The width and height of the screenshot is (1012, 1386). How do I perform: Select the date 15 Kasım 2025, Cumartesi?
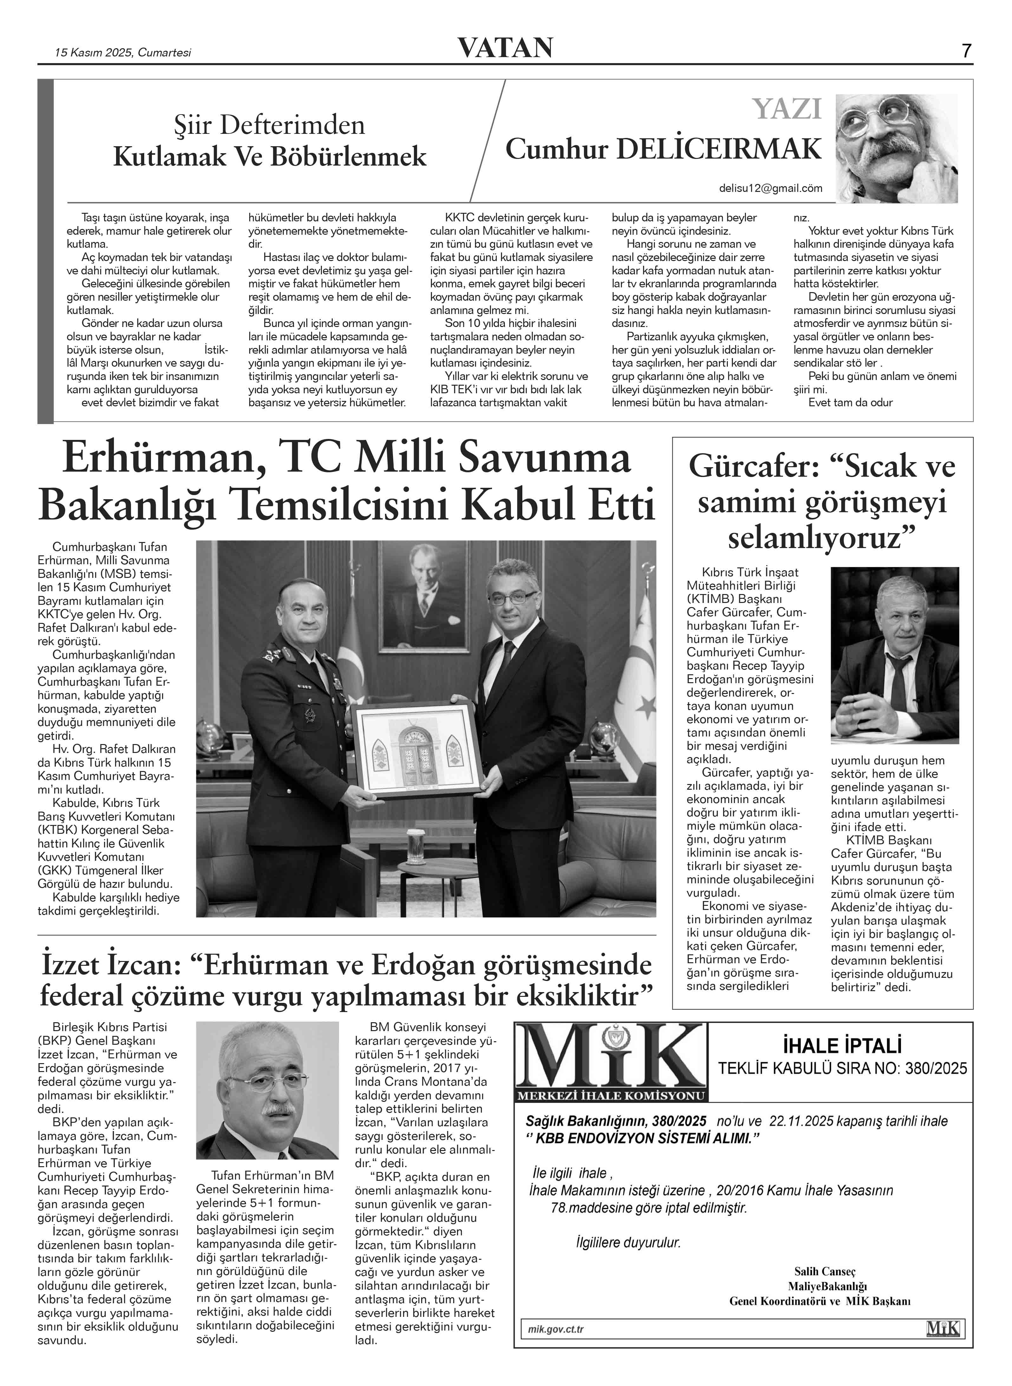[123, 53]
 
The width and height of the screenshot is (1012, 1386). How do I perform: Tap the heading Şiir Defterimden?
[270, 126]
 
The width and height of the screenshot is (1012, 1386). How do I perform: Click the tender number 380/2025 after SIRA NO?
[934, 1069]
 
